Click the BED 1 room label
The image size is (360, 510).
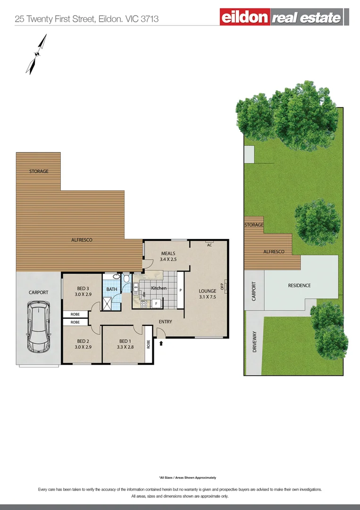(125, 344)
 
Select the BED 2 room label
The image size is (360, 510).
(83, 344)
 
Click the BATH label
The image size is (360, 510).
(112, 289)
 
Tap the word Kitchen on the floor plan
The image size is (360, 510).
(159, 288)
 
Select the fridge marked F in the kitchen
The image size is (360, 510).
(156, 303)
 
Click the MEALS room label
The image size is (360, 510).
(168, 256)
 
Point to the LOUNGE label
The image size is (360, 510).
(207, 294)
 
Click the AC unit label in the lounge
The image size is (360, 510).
(209, 245)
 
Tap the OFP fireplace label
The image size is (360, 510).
(222, 286)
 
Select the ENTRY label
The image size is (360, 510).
(165, 322)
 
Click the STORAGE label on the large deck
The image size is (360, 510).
(39, 171)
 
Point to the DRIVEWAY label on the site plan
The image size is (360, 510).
(255, 341)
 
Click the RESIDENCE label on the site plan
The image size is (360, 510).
(299, 286)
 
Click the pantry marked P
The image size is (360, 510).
(180, 290)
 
